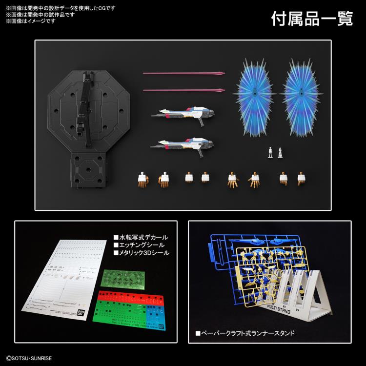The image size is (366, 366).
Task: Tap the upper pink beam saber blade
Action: tap(184, 74)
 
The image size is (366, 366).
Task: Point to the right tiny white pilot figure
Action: tap(280, 152)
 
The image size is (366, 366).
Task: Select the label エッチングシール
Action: tap(139, 244)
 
